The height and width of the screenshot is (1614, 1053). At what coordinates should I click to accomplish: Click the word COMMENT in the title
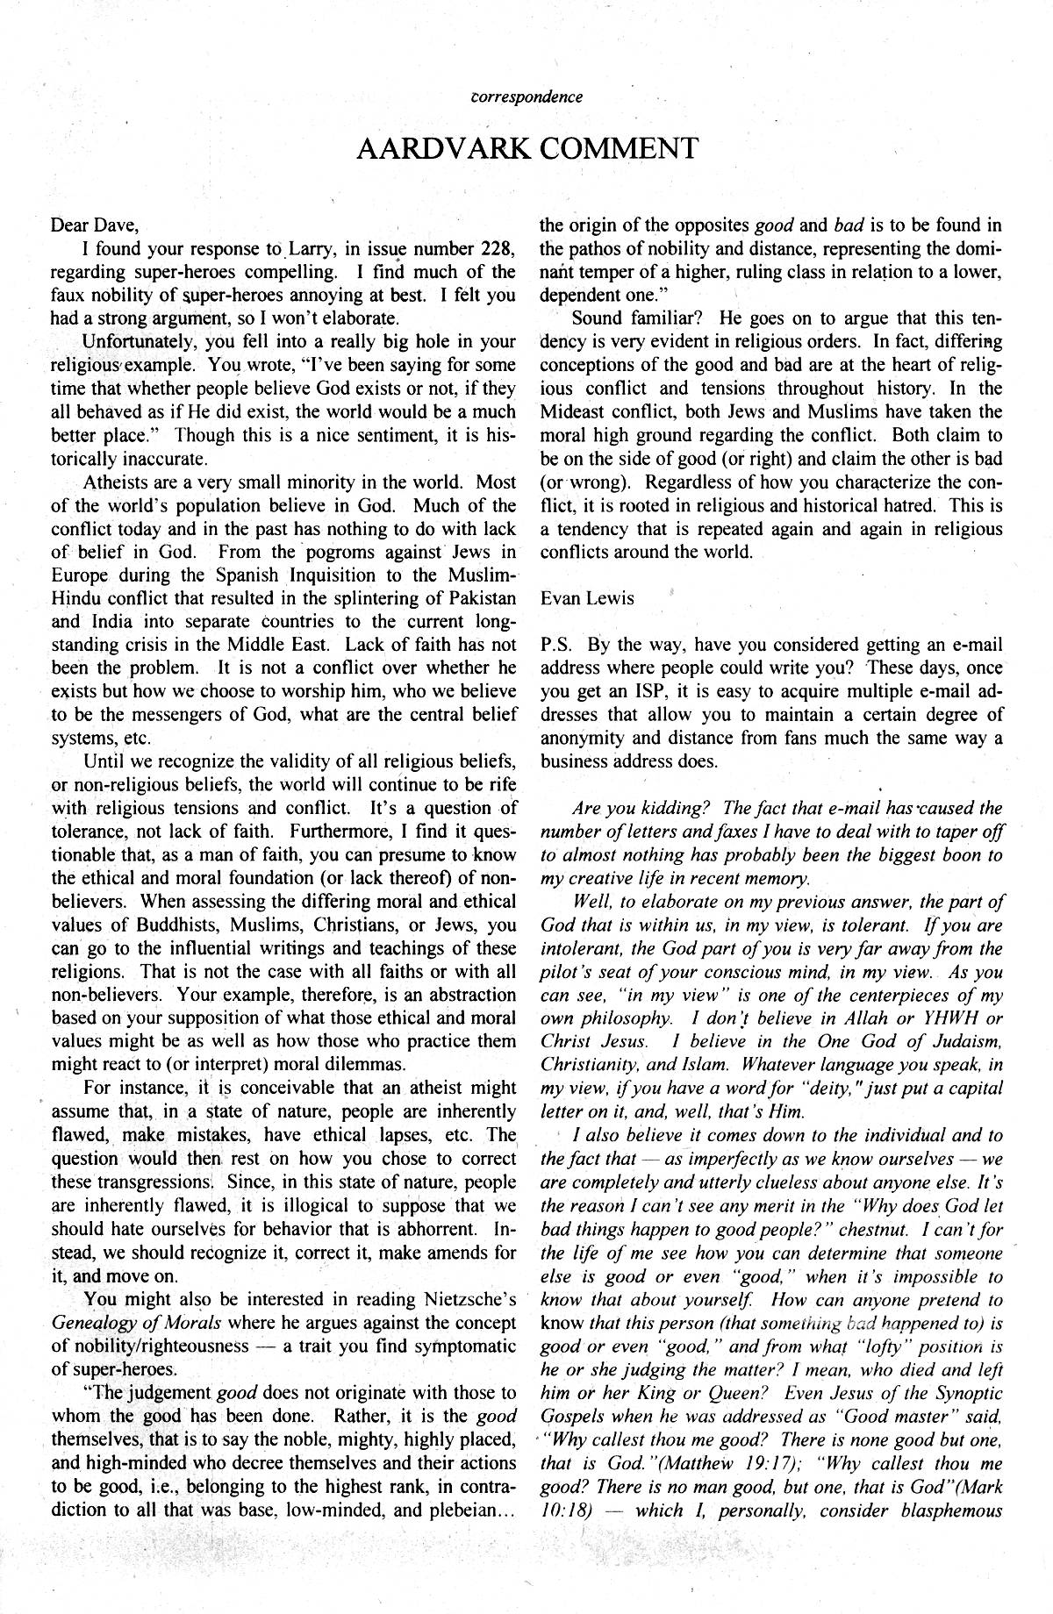[618, 148]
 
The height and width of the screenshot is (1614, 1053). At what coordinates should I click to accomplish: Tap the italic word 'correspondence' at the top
[527, 96]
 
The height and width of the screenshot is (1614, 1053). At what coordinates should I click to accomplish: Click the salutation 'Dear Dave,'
[96, 225]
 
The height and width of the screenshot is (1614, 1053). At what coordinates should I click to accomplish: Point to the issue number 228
[498, 248]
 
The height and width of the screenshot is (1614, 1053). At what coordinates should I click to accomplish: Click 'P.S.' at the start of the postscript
[555, 646]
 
